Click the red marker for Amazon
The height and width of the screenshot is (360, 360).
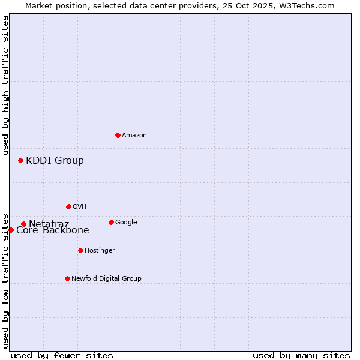118,135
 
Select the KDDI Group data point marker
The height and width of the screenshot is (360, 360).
20,160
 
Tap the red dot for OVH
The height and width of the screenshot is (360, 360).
68,206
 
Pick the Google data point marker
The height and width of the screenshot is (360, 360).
111,222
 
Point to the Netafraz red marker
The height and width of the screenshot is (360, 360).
23,224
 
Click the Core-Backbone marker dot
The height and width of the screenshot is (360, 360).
11,230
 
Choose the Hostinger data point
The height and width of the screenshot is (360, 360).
80,250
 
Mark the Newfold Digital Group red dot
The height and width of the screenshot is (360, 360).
67,278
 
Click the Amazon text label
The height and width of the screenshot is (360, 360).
134,136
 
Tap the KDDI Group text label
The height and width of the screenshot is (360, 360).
55,161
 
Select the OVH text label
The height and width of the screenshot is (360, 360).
80,207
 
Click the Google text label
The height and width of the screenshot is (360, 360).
126,223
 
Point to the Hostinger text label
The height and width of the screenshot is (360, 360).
100,251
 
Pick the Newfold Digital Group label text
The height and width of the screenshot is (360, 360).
106,279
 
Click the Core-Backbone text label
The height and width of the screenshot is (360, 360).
53,230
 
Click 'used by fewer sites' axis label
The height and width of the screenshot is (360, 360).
62,355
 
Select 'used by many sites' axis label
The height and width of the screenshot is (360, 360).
301,355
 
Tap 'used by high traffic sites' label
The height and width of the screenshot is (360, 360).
5,85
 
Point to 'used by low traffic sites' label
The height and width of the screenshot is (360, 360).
5,281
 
